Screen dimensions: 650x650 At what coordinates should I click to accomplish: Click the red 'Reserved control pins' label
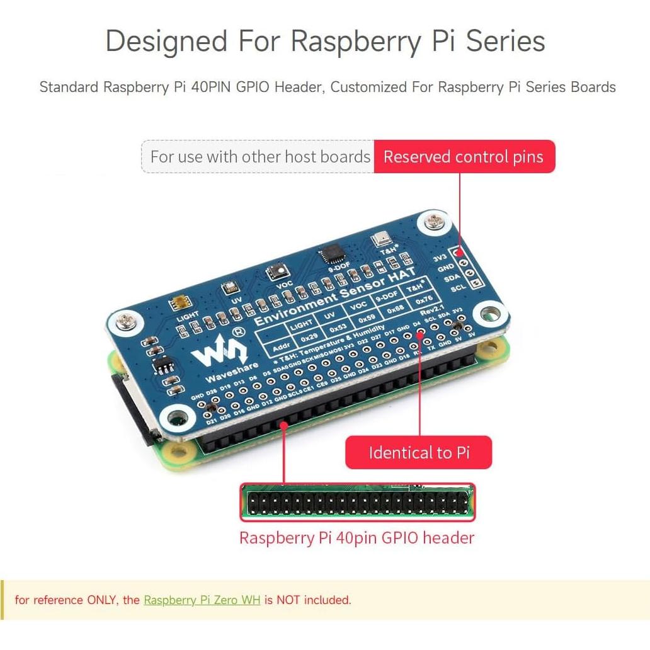464,157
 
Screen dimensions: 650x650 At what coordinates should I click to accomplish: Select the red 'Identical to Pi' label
419,453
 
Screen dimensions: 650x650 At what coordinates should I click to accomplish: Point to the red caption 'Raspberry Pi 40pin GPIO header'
356,538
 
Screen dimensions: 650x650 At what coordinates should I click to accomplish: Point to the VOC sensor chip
276,273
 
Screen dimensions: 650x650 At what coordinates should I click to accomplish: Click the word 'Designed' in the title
166,42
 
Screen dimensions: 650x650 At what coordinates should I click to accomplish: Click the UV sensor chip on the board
228,289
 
